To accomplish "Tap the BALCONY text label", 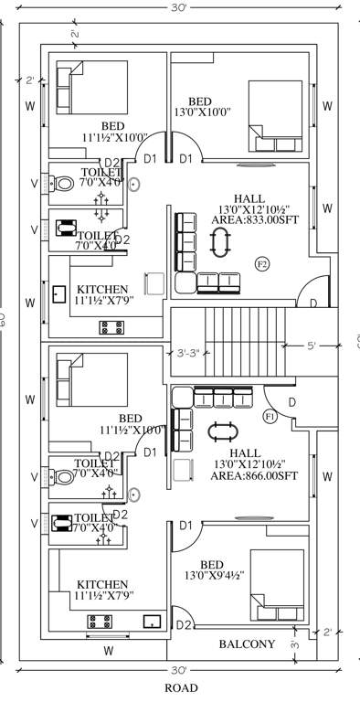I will tap(247, 644).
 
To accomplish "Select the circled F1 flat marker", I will tap(270, 417).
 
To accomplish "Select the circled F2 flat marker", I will tap(262, 264).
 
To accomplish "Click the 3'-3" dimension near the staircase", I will tap(184, 352).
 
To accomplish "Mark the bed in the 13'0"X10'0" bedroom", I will tap(274, 117).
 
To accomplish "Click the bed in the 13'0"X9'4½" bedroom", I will tap(277, 586).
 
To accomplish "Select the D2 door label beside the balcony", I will tap(184, 625).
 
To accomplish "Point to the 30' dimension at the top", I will tap(180, 7).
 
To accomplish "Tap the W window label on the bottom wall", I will tap(108, 652).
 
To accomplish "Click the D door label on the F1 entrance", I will tap(292, 402).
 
